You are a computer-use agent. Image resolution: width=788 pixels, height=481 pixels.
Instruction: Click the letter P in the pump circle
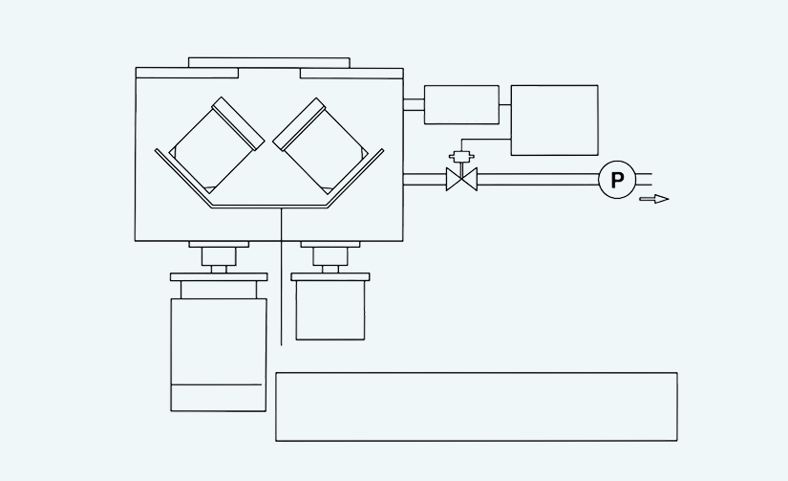pyautogui.click(x=617, y=180)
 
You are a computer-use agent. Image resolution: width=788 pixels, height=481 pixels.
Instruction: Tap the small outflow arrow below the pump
pyautogui.click(x=654, y=199)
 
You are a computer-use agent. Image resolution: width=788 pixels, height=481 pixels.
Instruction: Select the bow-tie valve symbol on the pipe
pyautogui.click(x=462, y=180)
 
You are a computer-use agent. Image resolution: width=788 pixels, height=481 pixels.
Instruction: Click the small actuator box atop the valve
pyautogui.click(x=461, y=157)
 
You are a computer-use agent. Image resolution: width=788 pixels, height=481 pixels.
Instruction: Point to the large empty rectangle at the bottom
pyautogui.click(x=477, y=407)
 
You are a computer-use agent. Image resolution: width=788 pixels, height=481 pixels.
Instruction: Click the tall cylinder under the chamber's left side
pyautogui.click(x=219, y=355)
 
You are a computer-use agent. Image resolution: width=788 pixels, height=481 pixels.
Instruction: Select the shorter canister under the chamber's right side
pyautogui.click(x=330, y=310)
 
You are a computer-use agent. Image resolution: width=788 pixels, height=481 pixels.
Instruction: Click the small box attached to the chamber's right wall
pyautogui.click(x=462, y=104)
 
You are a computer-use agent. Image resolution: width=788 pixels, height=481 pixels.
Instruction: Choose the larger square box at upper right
pyautogui.click(x=555, y=120)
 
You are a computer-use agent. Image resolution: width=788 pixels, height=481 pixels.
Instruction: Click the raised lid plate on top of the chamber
pyautogui.click(x=269, y=62)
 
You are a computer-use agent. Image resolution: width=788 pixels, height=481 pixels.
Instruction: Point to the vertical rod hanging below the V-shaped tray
pyautogui.click(x=282, y=276)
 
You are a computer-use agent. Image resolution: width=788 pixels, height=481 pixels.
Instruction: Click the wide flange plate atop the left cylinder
pyautogui.click(x=219, y=277)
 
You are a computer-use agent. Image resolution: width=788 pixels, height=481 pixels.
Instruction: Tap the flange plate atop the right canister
pyautogui.click(x=330, y=276)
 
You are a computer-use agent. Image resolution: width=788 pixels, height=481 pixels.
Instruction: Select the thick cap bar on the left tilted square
pyautogui.click(x=238, y=123)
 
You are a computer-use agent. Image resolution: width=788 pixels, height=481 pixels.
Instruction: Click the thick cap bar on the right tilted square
pyautogui.click(x=299, y=124)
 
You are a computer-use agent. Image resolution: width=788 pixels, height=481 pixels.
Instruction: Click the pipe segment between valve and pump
pyautogui.click(x=538, y=180)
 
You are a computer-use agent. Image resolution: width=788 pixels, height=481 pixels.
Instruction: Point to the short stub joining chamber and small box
pyautogui.click(x=414, y=104)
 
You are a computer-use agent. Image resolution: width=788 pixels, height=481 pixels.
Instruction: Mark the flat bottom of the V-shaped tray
pyautogui.click(x=269, y=207)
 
